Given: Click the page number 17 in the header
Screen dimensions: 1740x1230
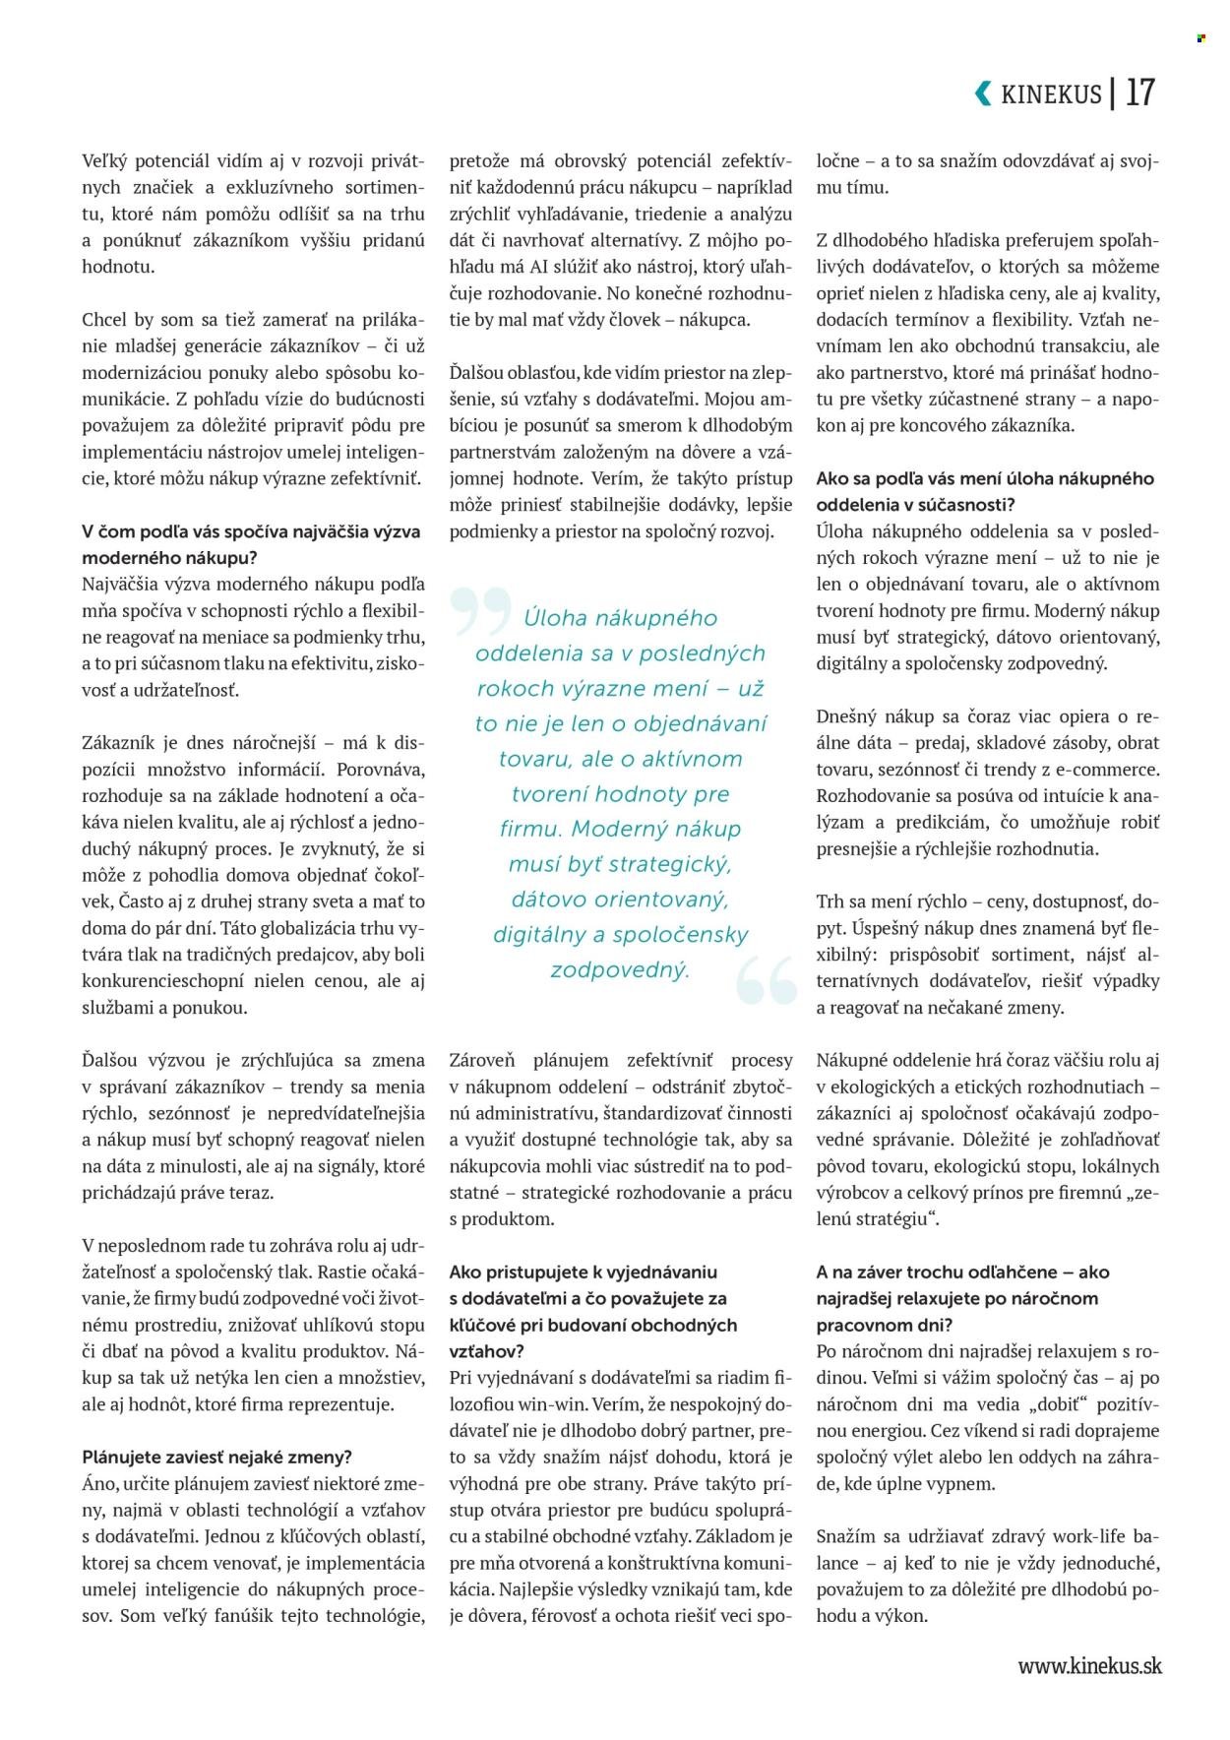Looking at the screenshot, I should [x=1139, y=93].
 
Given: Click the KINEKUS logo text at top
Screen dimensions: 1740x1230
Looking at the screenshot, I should [x=1051, y=94].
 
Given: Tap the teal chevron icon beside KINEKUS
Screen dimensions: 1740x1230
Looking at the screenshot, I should [x=983, y=93].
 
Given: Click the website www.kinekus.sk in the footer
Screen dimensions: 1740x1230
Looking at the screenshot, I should [x=1089, y=1665].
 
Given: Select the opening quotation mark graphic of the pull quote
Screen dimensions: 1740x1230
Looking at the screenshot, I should [x=481, y=610].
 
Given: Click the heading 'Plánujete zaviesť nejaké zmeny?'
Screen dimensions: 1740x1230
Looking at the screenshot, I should [x=216, y=1457].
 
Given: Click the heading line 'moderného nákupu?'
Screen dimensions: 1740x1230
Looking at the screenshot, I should [x=169, y=557].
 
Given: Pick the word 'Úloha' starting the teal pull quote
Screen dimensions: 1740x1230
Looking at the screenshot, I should [x=555, y=618].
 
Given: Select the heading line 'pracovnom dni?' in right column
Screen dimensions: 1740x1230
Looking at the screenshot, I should [x=884, y=1325].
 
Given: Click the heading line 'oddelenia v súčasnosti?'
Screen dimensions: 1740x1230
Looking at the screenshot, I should [x=914, y=504].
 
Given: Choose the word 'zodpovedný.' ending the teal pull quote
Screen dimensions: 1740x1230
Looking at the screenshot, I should [x=620, y=969].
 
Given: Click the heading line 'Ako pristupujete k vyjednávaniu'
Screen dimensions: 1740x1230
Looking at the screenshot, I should [x=583, y=1272].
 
